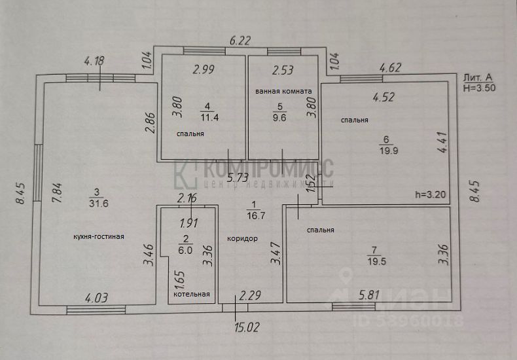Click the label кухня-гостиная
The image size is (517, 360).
tap(99, 237)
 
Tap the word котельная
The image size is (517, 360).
tap(192, 295)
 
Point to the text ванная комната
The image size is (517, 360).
tap(283, 91)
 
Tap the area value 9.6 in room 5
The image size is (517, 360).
tap(281, 119)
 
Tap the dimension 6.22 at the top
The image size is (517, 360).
tap(240, 41)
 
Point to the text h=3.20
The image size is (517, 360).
tap(431, 194)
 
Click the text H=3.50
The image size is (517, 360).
tap(478, 86)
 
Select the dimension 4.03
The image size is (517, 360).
tap(96, 298)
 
